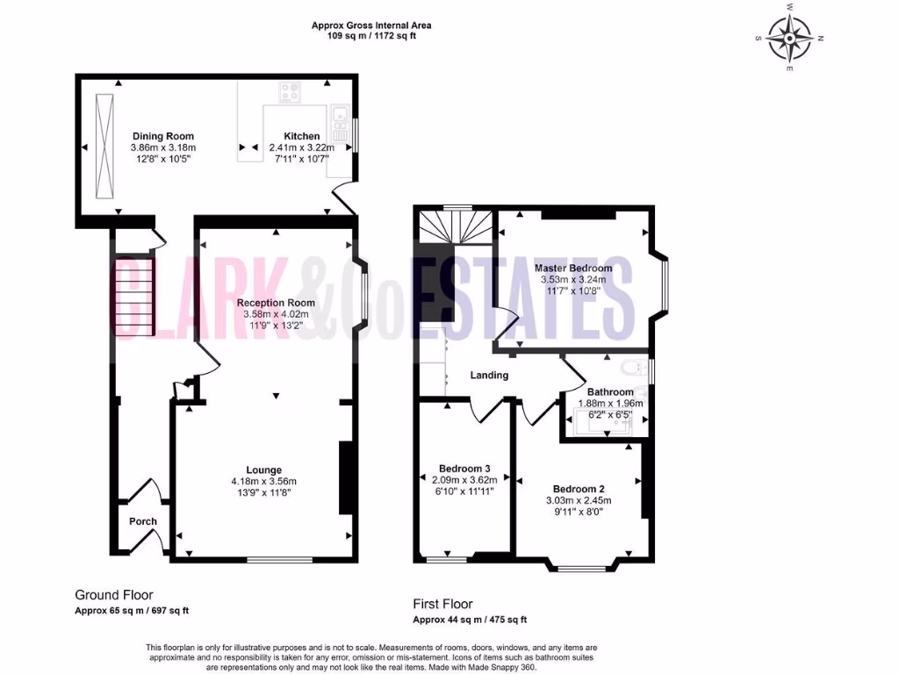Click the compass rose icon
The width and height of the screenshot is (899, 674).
pos(789,38)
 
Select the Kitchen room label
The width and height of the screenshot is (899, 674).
pos(301,136)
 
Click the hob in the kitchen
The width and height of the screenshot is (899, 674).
pos(290,90)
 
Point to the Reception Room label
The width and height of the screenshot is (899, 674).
pos(276,303)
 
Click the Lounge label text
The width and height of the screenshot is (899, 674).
pos(263,470)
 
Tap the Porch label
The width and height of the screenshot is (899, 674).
pos(143,521)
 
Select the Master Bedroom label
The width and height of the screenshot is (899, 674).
pos(573,268)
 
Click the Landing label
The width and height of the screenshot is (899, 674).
pos(489,376)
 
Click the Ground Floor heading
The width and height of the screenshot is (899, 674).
pos(113,595)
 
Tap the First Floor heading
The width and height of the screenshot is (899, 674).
pos(442,604)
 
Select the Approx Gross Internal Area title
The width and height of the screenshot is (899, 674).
pos(371,25)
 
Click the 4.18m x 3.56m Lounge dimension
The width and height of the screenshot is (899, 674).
pos(263,481)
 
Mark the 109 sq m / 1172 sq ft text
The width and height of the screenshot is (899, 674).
pos(371,37)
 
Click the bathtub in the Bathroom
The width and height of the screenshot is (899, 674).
pos(604,422)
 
